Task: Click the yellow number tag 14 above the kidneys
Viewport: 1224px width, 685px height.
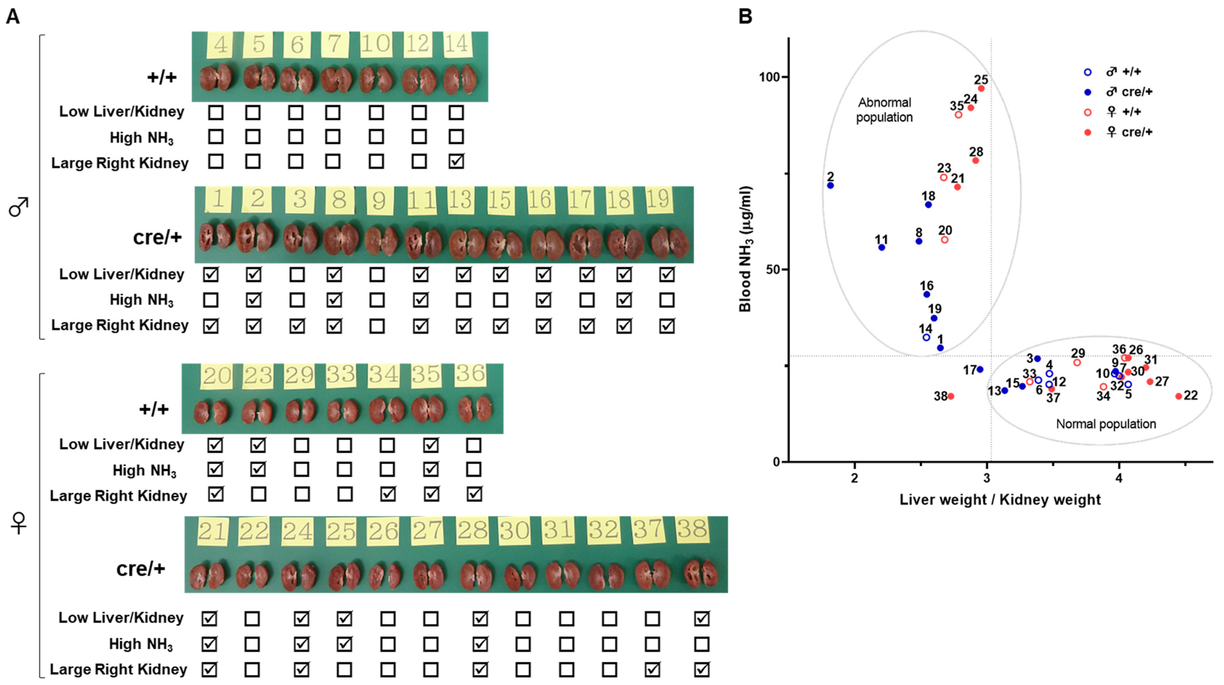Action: tap(457, 44)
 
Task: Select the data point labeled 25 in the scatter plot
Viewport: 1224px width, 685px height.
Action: tap(981, 88)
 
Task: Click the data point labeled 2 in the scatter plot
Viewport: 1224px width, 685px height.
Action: tap(830, 185)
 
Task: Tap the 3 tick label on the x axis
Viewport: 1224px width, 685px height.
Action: tap(987, 478)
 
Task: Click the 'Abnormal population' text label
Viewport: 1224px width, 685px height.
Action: tap(884, 110)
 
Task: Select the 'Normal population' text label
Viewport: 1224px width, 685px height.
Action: tap(1106, 424)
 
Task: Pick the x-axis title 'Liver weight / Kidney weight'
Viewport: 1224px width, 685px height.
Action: tap(1000, 500)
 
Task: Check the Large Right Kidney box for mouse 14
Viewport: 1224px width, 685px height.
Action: tap(456, 162)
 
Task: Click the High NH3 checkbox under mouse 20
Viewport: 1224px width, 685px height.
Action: tap(215, 470)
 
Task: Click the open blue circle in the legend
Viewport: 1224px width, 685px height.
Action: tap(1087, 72)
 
